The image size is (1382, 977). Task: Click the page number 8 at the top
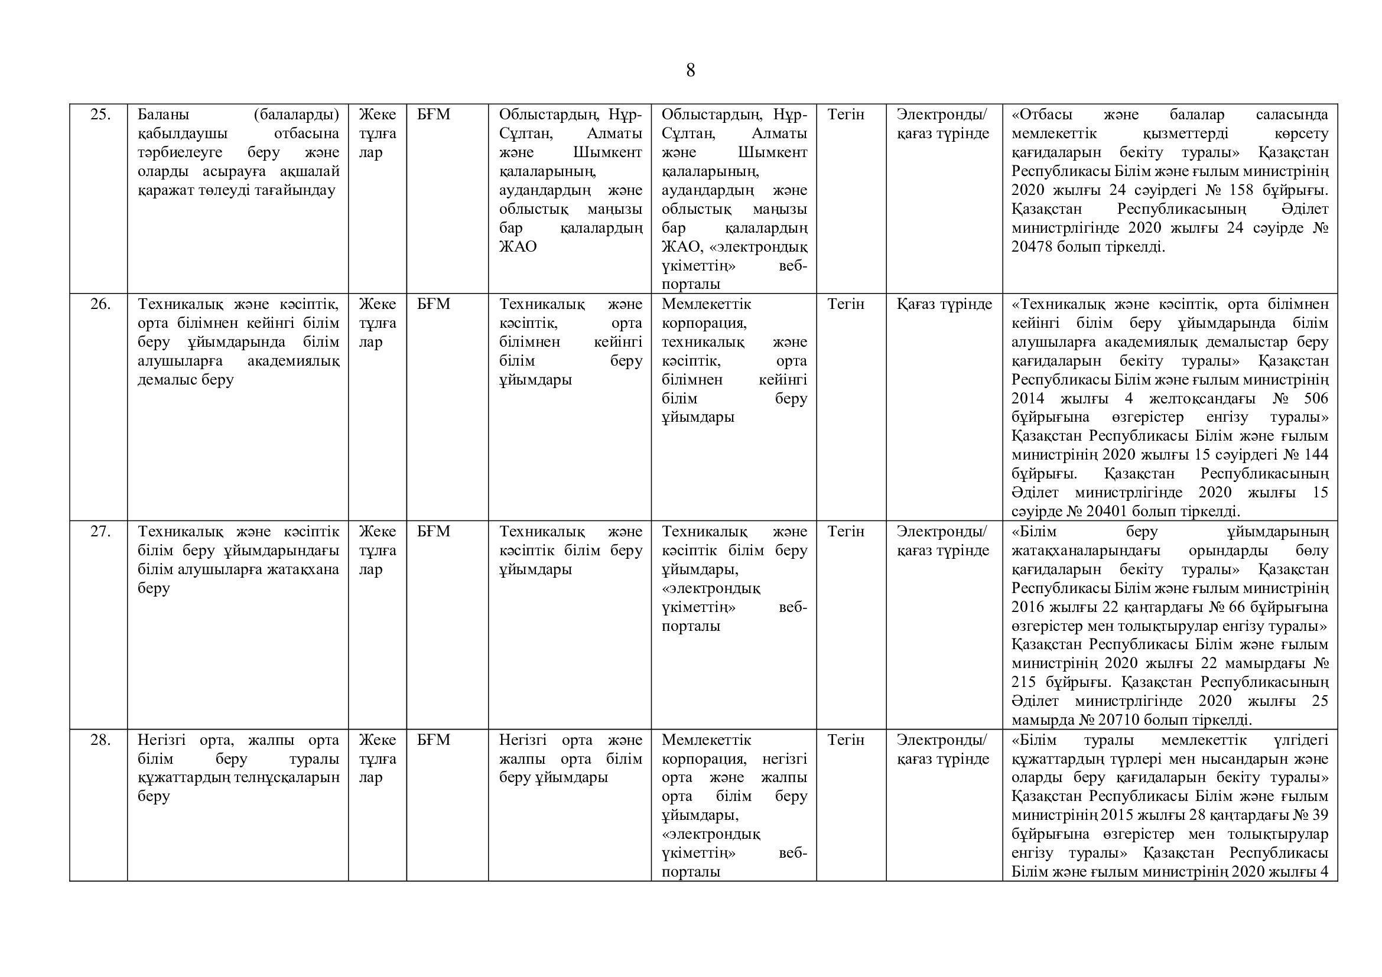pyautogui.click(x=690, y=71)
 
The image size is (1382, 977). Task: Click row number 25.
pyautogui.click(x=100, y=115)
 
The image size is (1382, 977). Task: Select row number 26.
pyautogui.click(x=100, y=304)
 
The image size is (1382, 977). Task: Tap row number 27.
pyautogui.click(x=100, y=532)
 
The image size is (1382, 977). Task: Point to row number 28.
pyautogui.click(x=100, y=740)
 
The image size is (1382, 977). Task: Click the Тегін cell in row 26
pyautogui.click(x=846, y=304)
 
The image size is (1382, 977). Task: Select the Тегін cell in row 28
pyautogui.click(x=846, y=740)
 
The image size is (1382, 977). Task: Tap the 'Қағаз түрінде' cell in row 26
pyautogui.click(x=944, y=304)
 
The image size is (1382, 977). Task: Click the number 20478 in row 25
pyautogui.click(x=1032, y=247)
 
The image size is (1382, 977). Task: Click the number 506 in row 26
pyautogui.click(x=1315, y=399)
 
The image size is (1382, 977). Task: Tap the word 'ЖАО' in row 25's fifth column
pyautogui.click(x=518, y=247)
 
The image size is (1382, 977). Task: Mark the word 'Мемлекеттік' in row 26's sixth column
pyautogui.click(x=707, y=304)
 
